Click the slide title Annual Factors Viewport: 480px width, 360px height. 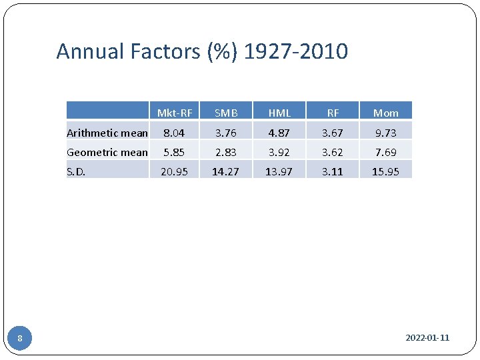[x=201, y=51]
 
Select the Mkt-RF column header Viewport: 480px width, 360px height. [x=174, y=113]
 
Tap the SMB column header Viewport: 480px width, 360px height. [x=226, y=113]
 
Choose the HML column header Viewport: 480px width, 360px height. [x=279, y=113]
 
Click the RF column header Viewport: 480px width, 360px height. [x=333, y=113]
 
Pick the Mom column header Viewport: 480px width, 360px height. [x=385, y=113]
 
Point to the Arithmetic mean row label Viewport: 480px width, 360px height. [x=107, y=133]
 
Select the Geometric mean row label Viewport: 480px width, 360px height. [x=107, y=152]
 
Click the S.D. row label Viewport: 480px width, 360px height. [x=77, y=171]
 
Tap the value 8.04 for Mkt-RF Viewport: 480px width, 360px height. [x=174, y=133]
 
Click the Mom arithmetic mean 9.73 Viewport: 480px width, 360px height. [x=385, y=133]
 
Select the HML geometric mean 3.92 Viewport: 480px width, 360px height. [x=279, y=152]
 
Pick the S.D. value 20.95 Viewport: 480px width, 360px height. [x=174, y=171]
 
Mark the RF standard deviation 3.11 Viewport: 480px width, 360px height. [x=333, y=171]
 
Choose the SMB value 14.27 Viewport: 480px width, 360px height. [x=226, y=171]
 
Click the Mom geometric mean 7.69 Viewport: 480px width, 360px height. [x=385, y=152]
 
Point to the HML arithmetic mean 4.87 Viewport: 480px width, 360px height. [x=279, y=133]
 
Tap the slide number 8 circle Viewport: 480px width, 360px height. [x=20, y=339]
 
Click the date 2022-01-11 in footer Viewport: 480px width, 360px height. [x=427, y=338]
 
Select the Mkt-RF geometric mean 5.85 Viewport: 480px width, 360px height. [x=174, y=152]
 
